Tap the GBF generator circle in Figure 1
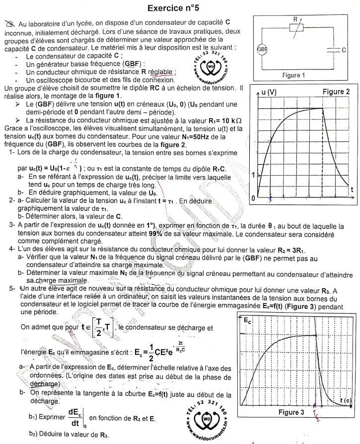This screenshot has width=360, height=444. click(x=261, y=50)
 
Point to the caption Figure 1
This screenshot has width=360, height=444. click(x=293, y=75)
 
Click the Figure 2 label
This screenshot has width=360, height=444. click(x=336, y=91)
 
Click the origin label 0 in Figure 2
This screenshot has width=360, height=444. click(x=253, y=198)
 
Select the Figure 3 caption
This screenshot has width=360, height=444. click(x=291, y=412)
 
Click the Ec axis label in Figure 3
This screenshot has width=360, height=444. click(x=247, y=321)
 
